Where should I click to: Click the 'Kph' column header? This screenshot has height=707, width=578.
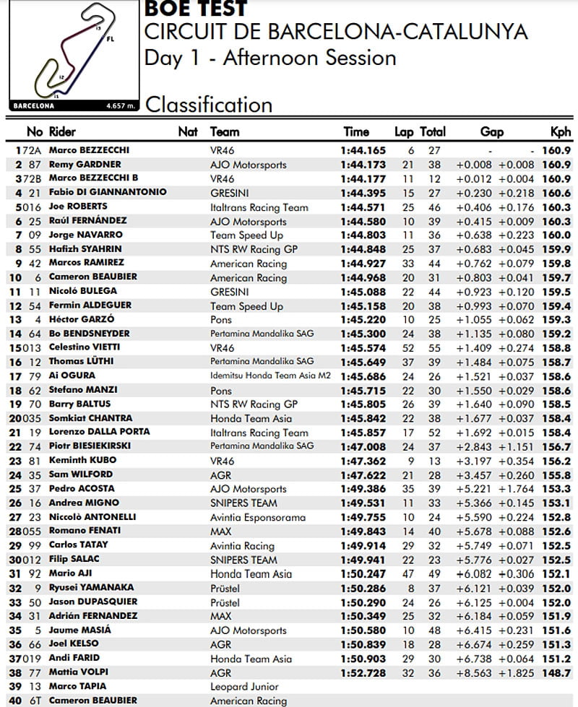pyautogui.click(x=561, y=132)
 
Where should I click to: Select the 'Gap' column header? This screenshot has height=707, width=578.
pyautogui.click(x=491, y=132)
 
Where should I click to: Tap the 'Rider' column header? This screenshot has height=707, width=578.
pyautogui.click(x=62, y=132)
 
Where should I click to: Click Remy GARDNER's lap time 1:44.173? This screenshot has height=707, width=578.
pyautogui.click(x=363, y=165)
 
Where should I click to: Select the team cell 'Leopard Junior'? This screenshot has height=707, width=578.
pyautogui.click(x=243, y=686)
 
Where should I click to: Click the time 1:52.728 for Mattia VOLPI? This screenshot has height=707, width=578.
pyautogui.click(x=363, y=672)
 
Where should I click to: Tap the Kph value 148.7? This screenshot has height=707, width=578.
pyautogui.click(x=561, y=672)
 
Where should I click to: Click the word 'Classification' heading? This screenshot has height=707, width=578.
pyautogui.click(x=209, y=105)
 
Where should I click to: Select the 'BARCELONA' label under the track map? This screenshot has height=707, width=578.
pyautogui.click(x=33, y=105)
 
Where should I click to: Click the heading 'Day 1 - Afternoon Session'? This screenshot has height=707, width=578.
pyautogui.click(x=269, y=57)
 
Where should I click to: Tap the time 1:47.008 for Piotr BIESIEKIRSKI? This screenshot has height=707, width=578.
pyautogui.click(x=363, y=446)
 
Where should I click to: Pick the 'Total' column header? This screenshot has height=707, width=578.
pyautogui.click(x=433, y=132)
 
